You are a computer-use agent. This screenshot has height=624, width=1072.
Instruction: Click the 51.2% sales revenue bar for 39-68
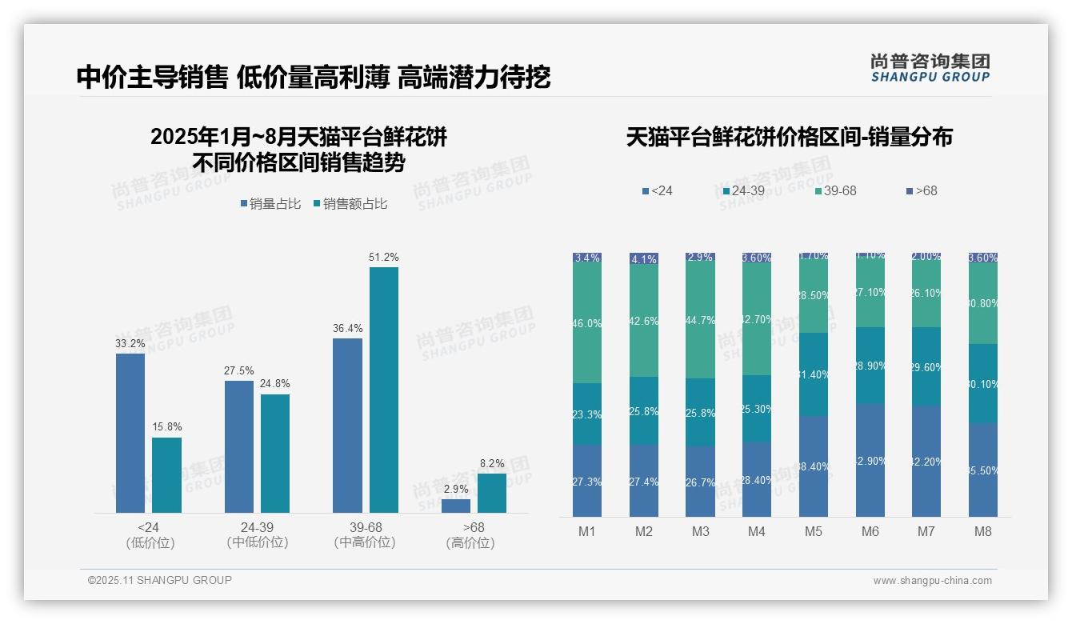pyautogui.click(x=383, y=390)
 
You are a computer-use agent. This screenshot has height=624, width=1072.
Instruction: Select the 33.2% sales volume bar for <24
pyautogui.click(x=130, y=433)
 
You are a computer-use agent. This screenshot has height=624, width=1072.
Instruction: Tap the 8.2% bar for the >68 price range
pyautogui.click(x=492, y=493)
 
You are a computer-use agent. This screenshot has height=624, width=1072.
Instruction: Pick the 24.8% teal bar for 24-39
pyautogui.click(x=275, y=453)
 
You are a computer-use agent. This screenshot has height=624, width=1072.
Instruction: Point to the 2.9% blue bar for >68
pyautogui.click(x=456, y=506)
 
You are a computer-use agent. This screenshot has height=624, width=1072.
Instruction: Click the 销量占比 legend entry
pyautogui.click(x=270, y=204)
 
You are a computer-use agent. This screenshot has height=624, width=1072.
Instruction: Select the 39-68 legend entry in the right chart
pyautogui.click(x=835, y=191)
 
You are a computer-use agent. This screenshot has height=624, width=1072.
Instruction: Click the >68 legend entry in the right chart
pyautogui.click(x=922, y=191)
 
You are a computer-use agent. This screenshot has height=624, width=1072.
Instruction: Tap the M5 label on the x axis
pyautogui.click(x=814, y=531)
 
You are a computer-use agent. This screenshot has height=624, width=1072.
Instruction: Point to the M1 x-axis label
pyautogui.click(x=587, y=531)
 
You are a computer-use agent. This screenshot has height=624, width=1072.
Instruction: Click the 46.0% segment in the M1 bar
pyautogui.click(x=587, y=323)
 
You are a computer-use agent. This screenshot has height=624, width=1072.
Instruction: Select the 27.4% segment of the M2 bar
pyautogui.click(x=644, y=481)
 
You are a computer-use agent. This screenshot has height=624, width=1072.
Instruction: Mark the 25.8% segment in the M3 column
pyautogui.click(x=701, y=412)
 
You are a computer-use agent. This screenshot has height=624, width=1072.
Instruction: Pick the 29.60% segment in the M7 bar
pyautogui.click(x=926, y=366)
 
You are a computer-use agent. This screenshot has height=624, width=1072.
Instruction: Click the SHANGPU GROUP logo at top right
pyautogui.click(x=930, y=68)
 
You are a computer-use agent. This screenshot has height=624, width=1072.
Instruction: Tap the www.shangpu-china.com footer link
pyautogui.click(x=932, y=581)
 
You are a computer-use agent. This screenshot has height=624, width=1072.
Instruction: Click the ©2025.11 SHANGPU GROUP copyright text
pyautogui.click(x=160, y=580)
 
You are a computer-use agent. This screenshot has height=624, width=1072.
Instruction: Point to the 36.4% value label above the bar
pyautogui.click(x=347, y=329)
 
